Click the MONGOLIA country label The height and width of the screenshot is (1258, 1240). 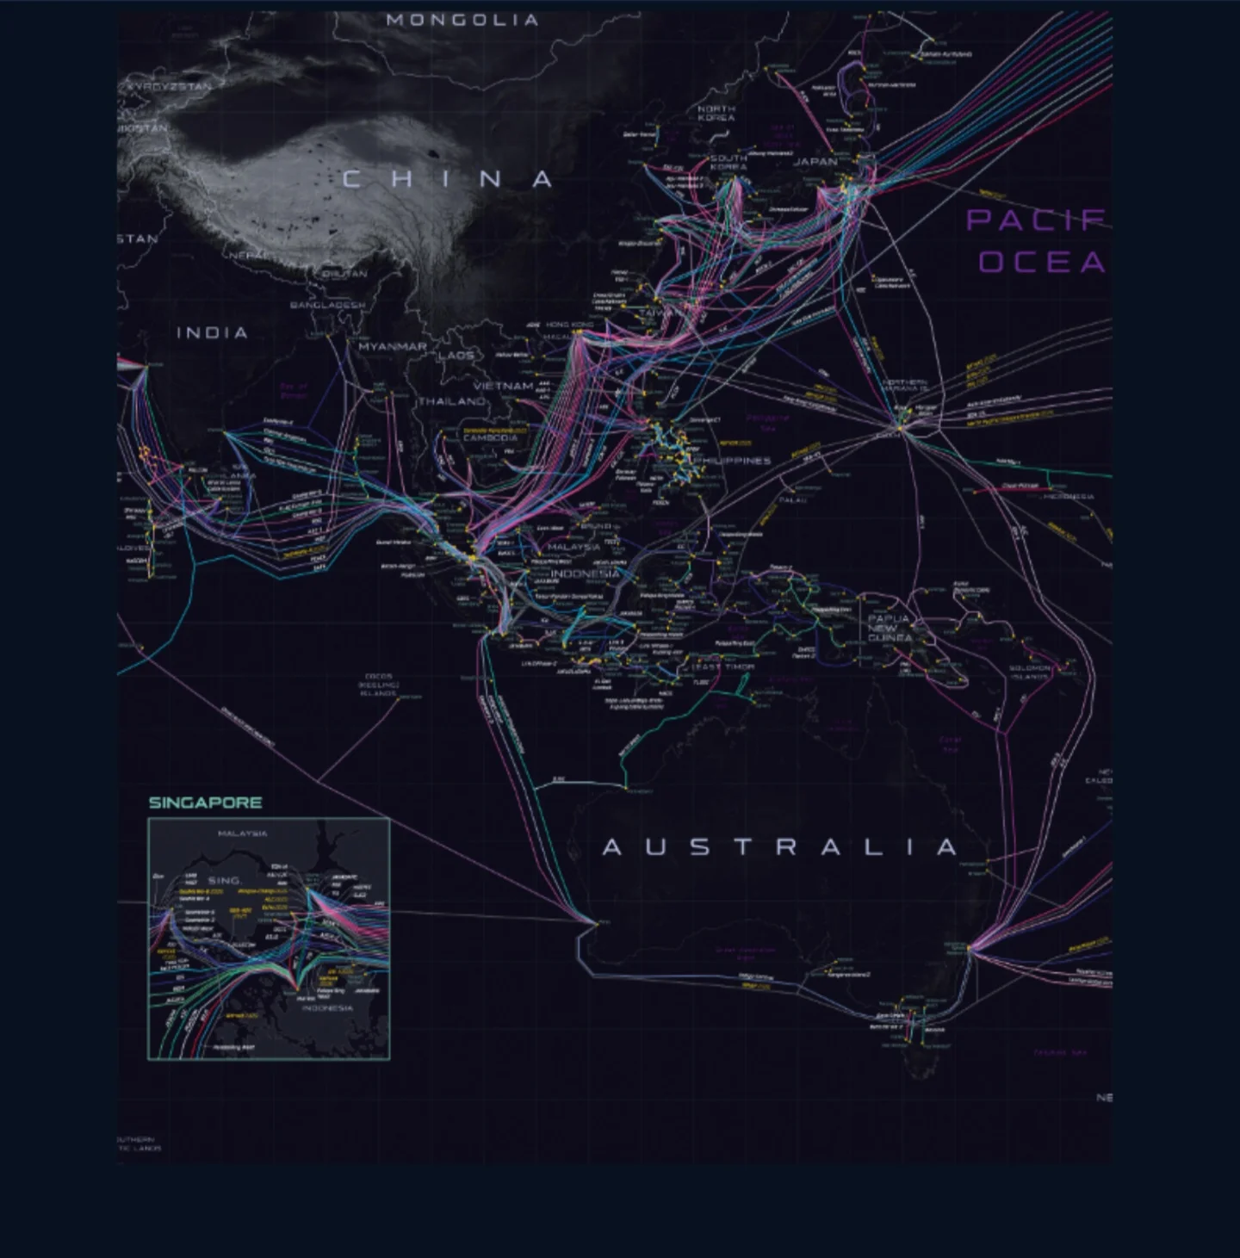(462, 20)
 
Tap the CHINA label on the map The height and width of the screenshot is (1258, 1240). (448, 179)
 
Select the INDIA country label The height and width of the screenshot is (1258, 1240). (213, 333)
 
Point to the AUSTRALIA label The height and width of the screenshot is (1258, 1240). (780, 847)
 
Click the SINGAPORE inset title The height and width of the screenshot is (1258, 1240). (205, 803)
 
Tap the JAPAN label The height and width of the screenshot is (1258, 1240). (815, 162)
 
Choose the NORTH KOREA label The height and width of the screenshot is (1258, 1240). (716, 114)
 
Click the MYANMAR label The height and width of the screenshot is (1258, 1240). (393, 346)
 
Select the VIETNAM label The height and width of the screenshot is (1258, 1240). (503, 387)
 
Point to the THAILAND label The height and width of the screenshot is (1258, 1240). (452, 402)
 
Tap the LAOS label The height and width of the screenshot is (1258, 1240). (456, 356)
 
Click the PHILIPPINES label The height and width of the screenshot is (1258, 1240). (732, 461)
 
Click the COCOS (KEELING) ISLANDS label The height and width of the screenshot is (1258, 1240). (378, 685)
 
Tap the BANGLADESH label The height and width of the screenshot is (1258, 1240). (327, 305)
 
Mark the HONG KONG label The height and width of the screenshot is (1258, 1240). (569, 325)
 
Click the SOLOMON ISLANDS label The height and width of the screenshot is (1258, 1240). (1030, 672)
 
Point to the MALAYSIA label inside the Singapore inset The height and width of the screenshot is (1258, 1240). (242, 834)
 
